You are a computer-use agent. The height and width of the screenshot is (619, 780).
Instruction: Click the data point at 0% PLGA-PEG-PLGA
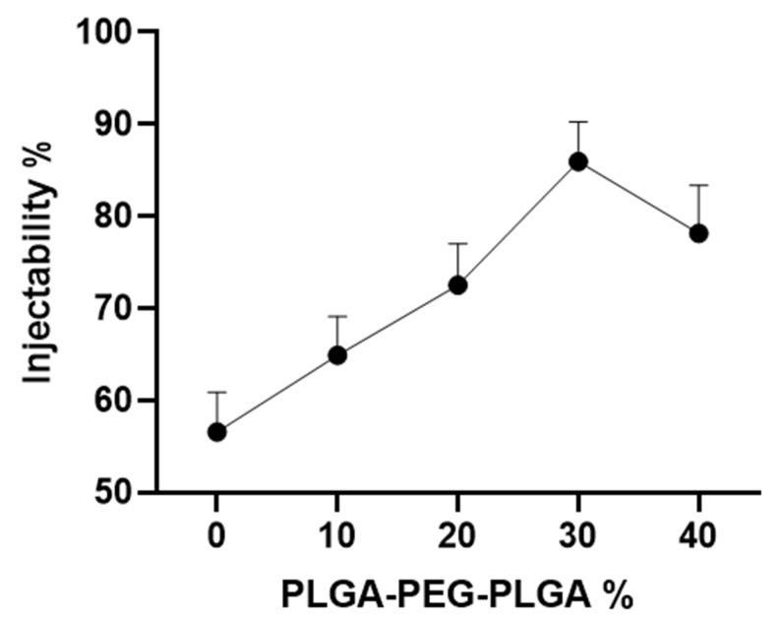[x=216, y=432]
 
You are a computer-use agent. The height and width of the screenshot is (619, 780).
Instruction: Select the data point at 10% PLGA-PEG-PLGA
[x=337, y=354]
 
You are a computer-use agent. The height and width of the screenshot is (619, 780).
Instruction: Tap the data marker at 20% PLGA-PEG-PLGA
[x=457, y=284]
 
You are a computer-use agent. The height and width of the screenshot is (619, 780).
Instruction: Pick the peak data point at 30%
[x=578, y=161]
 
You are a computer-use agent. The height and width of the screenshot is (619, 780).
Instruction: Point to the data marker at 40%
[x=698, y=233]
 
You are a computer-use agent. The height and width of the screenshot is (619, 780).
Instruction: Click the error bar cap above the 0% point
[x=216, y=392]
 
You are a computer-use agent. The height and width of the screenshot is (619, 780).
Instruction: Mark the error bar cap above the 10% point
[x=337, y=316]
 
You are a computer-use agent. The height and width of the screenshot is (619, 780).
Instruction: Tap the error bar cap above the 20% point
[x=457, y=243]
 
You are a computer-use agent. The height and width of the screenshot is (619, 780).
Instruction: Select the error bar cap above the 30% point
[x=578, y=122]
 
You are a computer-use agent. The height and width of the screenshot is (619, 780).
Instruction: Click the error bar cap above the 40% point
[x=698, y=185]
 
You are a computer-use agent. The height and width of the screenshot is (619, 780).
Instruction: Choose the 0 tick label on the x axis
[x=216, y=536]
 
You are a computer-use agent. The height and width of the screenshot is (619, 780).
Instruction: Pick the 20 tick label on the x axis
[x=457, y=536]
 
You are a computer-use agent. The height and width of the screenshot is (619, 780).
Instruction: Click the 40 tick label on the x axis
[x=698, y=536]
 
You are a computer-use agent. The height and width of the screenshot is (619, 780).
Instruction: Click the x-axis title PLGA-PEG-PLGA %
[x=456, y=595]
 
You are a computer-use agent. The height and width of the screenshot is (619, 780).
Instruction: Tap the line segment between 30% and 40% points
[x=638, y=197]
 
